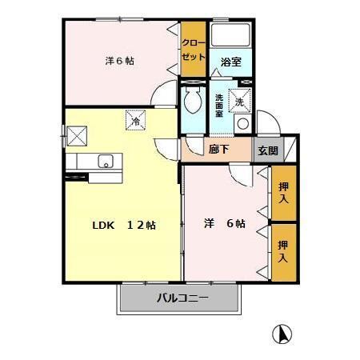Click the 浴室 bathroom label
pyautogui.click(x=231, y=62)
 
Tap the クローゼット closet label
pyautogui.click(x=192, y=50)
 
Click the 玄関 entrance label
pyautogui.click(x=266, y=150)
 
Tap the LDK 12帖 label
pyautogui.click(x=120, y=225)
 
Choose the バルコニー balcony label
pyautogui.click(x=182, y=299)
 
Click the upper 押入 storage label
pyautogui.click(x=283, y=193)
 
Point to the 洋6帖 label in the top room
pyautogui.click(x=119, y=60)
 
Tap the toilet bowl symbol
pyautogui.click(x=192, y=102)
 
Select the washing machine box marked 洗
pyautogui.click(x=239, y=102)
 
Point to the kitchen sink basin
pyautogui.click(x=106, y=162)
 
